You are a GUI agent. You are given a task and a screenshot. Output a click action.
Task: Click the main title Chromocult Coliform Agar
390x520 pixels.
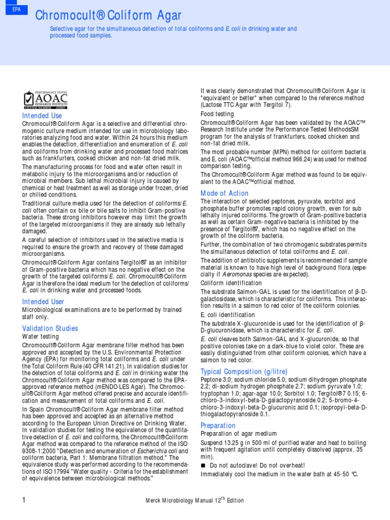(108, 16)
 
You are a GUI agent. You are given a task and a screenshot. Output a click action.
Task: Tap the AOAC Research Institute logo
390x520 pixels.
(46, 99)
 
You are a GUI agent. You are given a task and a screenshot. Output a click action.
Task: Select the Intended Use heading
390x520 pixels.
(42, 116)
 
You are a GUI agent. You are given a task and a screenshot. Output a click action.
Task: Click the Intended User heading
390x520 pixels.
(43, 302)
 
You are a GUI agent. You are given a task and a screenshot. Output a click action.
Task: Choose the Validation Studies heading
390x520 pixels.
(50, 328)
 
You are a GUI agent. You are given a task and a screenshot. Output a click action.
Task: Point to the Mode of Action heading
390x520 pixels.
(224, 193)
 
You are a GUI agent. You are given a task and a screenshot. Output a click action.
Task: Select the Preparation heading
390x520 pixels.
(218, 425)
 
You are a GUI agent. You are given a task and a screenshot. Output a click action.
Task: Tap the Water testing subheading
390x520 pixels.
(41, 336)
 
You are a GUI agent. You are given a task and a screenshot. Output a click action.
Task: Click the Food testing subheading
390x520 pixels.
(217, 114)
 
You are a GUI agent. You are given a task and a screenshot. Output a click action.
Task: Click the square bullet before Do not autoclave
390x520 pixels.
(203, 466)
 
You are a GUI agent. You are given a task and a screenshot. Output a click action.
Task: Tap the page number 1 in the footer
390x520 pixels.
(24, 500)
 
